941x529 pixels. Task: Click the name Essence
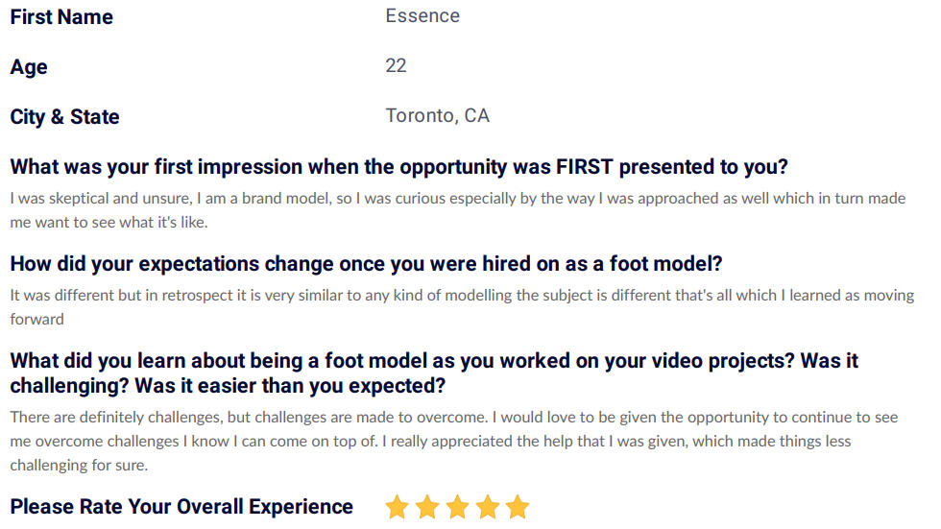[422, 15]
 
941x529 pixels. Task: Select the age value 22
[396, 65]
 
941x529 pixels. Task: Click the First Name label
[61, 16]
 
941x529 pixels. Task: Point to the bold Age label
[29, 67]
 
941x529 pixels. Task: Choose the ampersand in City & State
[58, 117]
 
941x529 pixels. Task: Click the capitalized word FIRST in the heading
[585, 167]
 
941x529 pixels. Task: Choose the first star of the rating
[397, 508]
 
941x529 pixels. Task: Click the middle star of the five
[457, 508]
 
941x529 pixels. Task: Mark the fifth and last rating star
[518, 508]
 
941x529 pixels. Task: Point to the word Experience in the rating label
[301, 508]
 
